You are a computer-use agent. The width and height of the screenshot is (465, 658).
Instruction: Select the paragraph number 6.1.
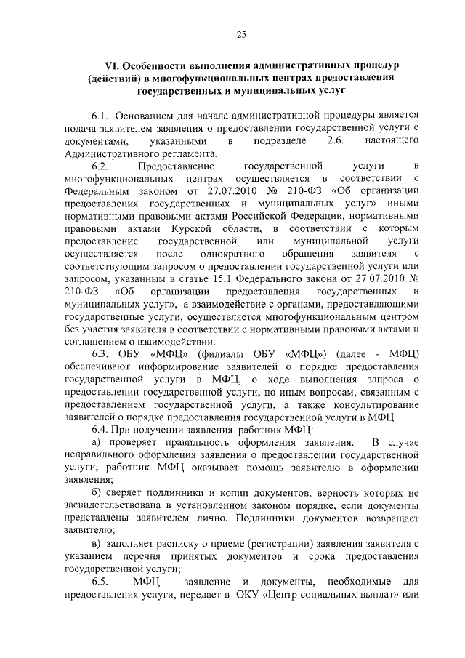(101, 116)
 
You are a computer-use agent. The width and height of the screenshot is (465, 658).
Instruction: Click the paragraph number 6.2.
(101, 166)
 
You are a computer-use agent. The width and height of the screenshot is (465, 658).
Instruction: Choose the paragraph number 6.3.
(101, 354)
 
